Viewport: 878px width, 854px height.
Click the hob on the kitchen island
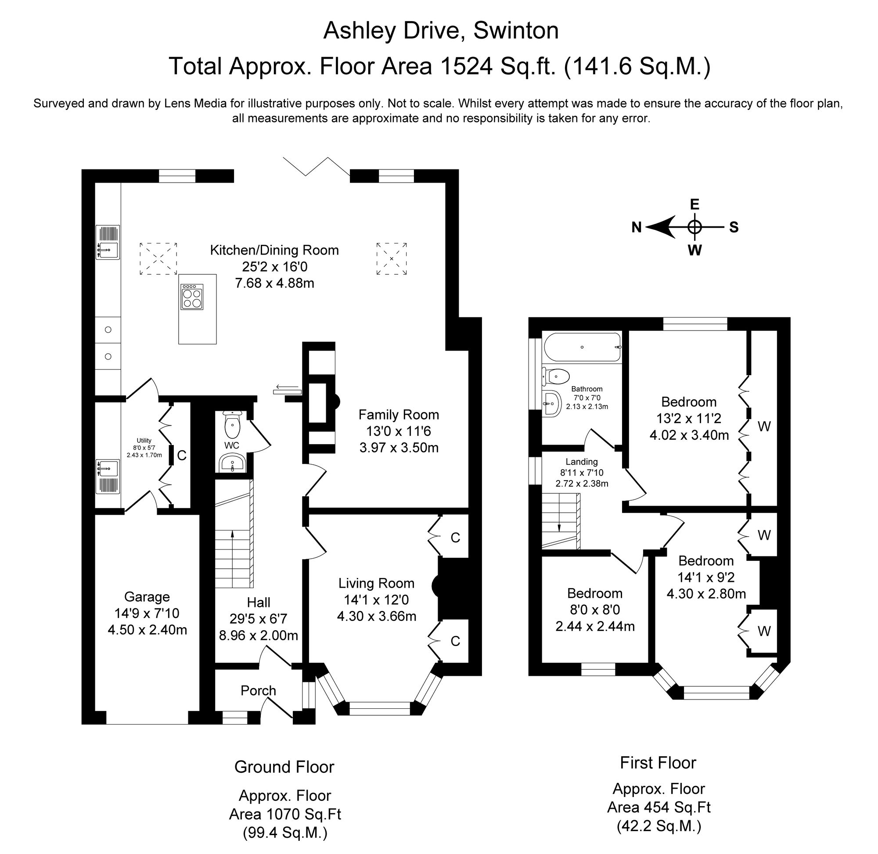tap(191, 297)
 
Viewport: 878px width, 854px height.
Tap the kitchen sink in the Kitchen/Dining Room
tap(108, 242)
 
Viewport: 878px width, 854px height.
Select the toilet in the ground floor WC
tap(232, 424)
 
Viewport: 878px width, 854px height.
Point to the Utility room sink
tap(108, 476)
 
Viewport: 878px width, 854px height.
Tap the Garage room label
tap(147, 597)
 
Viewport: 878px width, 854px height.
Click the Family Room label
tap(399, 415)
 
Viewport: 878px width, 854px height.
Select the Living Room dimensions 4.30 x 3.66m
tap(376, 616)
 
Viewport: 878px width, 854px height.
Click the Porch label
tap(258, 691)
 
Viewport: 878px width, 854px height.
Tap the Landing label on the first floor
tap(581, 462)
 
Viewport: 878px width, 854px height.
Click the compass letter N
tap(636, 227)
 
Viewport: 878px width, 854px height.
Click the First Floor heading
tap(658, 763)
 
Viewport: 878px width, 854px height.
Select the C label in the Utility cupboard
tap(182, 456)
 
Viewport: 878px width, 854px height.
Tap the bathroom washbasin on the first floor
tap(551, 403)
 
